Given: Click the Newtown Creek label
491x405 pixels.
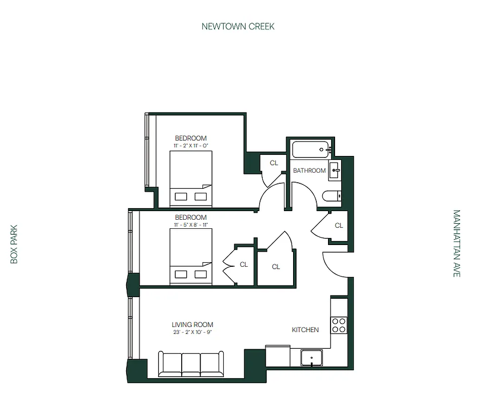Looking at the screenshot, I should coord(238,26).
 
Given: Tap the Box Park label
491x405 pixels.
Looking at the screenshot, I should coord(14,244).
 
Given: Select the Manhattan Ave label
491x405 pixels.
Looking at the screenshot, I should coord(457,244).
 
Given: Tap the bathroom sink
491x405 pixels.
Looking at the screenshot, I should coord(335,171).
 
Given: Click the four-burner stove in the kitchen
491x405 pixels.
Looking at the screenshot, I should coord(339,325).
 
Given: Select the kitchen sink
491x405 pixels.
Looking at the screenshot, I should coord(312,358).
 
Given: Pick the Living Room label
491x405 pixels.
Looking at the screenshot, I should coord(192,325).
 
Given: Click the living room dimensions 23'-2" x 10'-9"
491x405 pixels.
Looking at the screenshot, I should coord(192,333).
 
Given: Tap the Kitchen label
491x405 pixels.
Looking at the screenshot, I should coord(305,330).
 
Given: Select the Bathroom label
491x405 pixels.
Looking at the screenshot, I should coord(309,171).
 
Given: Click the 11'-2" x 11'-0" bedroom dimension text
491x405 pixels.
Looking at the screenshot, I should coord(191,146).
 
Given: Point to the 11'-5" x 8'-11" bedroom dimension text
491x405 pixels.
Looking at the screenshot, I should coord(191,225).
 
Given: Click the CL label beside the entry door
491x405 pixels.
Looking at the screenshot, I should coord(339,226).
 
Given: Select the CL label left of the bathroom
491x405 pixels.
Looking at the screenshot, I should coord(274,163).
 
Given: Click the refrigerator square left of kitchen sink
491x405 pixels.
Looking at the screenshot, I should coord(278,356).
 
